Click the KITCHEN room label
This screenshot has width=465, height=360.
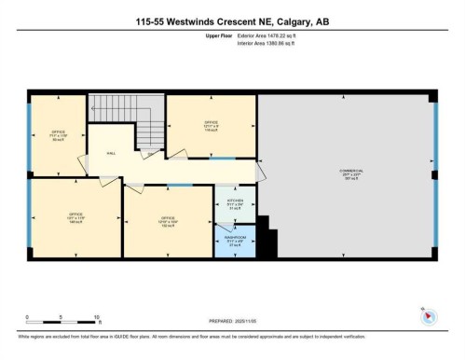tap(234, 205)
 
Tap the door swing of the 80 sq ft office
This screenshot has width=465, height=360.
tap(81, 166)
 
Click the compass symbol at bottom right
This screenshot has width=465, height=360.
tap(428, 316)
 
